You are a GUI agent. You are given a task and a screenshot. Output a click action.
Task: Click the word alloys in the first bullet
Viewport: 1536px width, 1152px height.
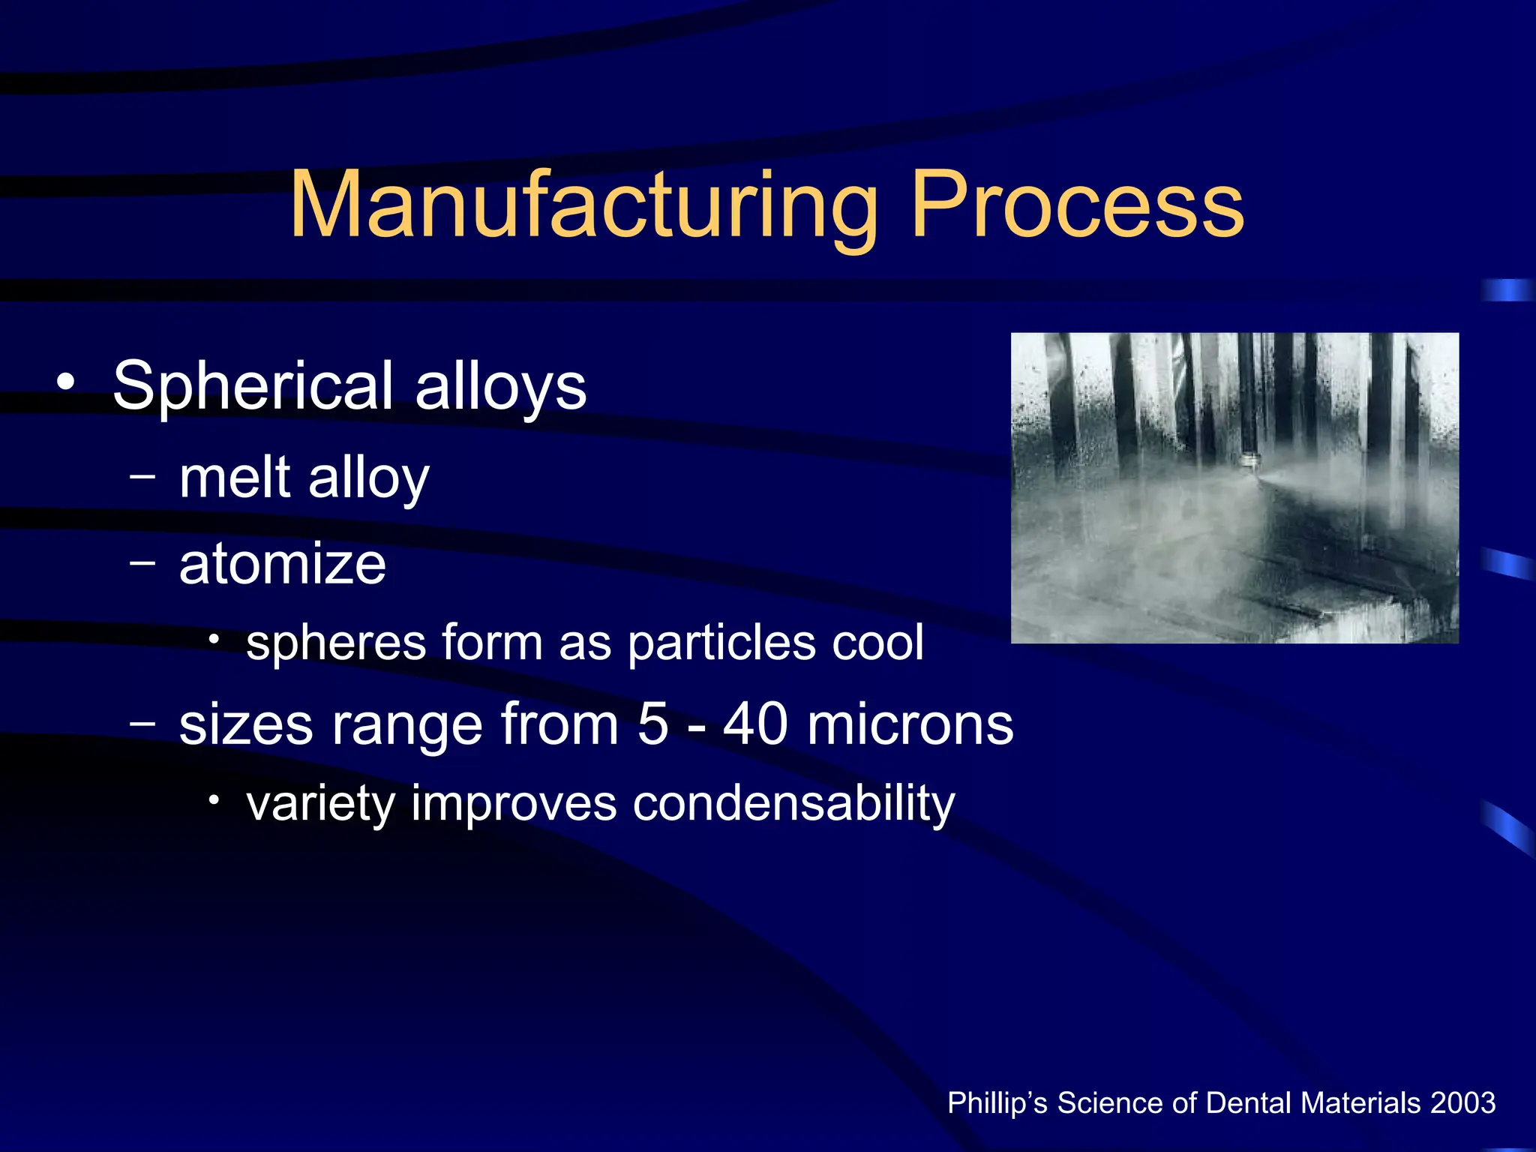pos(500,387)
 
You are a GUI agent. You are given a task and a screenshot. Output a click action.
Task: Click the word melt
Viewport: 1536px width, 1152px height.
pos(234,478)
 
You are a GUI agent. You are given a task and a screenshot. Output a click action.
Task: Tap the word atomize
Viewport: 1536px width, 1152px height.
pos(282,564)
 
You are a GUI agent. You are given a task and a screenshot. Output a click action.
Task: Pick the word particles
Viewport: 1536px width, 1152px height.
pos(721,643)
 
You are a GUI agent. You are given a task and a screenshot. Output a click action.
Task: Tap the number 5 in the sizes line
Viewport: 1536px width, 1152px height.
pos(652,724)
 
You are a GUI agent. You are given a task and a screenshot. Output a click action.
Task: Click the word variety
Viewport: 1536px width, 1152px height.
pos(320,804)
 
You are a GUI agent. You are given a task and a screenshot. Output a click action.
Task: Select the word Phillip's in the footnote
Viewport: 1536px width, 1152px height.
pos(997,1103)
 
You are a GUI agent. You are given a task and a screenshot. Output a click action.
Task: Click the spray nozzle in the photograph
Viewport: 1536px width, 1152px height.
pos(1250,461)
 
